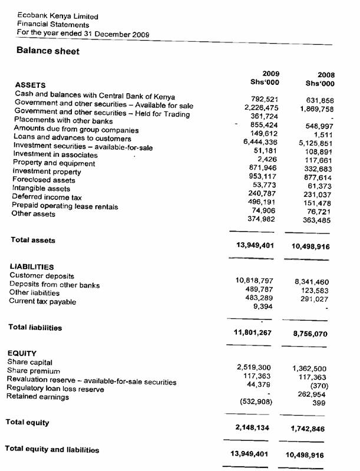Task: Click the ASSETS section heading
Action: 30,85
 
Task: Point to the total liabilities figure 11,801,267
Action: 254,332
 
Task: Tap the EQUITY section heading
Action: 22,354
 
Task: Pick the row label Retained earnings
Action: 38,397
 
